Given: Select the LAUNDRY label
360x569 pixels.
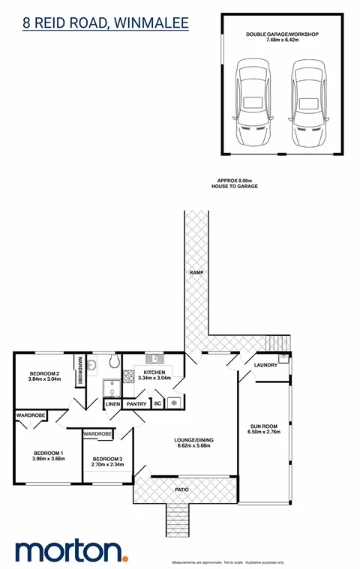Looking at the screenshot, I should [x=266, y=365].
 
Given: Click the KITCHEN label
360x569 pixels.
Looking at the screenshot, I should [x=154, y=372].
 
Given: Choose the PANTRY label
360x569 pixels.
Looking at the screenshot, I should [x=136, y=404].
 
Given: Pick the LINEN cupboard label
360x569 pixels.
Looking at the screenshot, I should [x=112, y=404].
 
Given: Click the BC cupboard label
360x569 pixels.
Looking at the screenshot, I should [x=157, y=404].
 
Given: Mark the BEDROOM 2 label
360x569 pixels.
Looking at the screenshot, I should [x=44, y=373].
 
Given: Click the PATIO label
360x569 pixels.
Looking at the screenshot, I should [x=183, y=490].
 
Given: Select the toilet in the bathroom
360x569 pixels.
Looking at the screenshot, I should [x=113, y=364].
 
